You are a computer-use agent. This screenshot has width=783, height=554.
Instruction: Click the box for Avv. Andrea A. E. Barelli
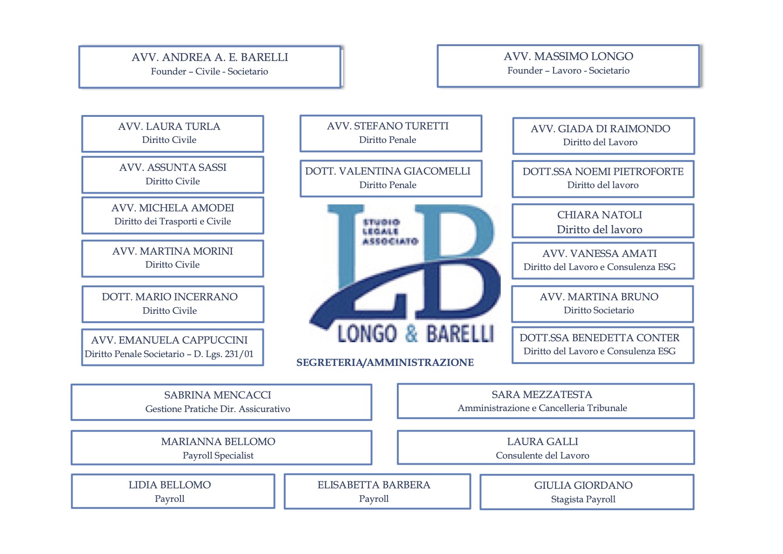[210, 67]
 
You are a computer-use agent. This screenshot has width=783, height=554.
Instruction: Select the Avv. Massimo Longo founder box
[569, 66]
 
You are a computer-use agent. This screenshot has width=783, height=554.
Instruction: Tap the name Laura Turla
[183, 126]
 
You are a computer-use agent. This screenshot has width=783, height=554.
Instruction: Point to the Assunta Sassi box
[173, 175]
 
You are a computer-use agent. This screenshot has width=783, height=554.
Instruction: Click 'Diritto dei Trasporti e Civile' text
[173, 222]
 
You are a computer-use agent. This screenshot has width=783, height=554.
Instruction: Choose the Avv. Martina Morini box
[173, 258]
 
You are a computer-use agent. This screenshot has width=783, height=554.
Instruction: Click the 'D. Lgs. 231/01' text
[223, 354]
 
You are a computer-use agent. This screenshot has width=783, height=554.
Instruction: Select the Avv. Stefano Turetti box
[391, 133]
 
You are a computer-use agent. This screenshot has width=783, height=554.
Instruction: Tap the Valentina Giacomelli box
[391, 178]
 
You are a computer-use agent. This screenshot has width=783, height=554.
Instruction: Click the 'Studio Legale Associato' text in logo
[390, 231]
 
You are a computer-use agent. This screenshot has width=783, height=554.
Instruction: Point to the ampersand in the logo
[411, 333]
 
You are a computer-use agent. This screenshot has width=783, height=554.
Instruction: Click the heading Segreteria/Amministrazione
[385, 363]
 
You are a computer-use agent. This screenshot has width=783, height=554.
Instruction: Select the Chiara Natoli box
[603, 221]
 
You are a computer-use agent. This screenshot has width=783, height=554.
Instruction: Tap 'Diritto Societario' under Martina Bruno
[599, 310]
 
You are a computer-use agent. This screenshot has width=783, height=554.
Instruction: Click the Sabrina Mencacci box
[221, 402]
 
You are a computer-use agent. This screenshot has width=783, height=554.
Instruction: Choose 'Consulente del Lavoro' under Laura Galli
[542, 455]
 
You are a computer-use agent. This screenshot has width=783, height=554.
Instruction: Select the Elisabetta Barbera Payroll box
[377, 491]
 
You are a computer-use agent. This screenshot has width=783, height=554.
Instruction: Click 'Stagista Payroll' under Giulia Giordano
[583, 499]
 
